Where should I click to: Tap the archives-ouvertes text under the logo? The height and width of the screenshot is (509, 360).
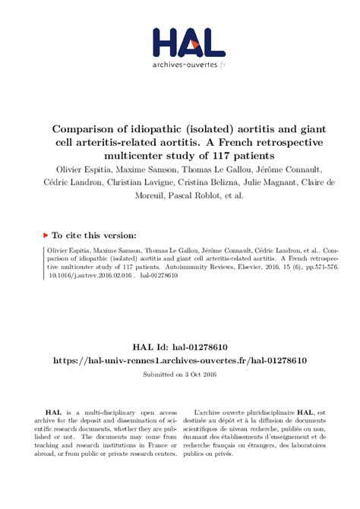185,66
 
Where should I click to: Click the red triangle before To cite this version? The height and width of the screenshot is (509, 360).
47,236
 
